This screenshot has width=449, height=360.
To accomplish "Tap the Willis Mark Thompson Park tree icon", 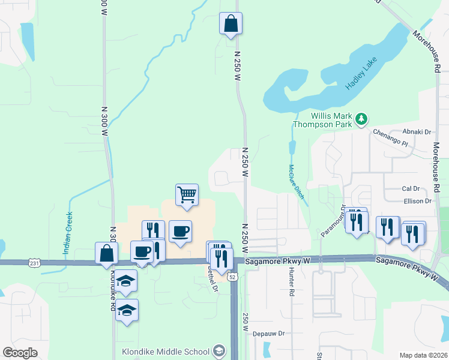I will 361,119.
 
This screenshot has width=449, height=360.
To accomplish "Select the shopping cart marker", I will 187,194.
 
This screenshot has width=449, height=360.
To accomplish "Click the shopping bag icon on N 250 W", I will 231,24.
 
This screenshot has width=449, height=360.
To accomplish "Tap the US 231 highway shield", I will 34,262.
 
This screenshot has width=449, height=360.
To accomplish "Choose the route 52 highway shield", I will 233,277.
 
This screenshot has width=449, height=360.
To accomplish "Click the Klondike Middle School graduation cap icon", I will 220,351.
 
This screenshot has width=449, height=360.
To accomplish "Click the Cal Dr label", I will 411,188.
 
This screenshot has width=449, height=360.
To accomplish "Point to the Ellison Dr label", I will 418,202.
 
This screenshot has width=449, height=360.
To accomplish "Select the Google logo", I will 20,352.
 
